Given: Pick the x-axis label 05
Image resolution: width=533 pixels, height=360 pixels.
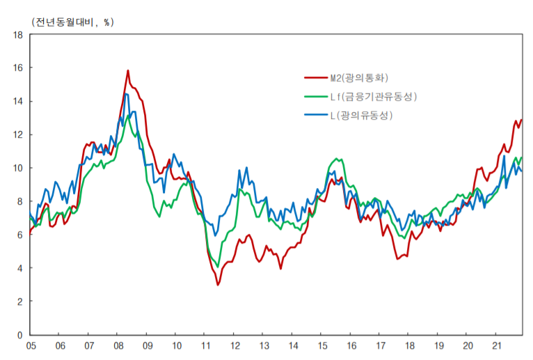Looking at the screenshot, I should point(31,346).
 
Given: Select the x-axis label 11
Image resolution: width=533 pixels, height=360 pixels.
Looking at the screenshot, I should point(205,346).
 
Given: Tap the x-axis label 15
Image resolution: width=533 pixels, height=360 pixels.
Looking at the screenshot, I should point(322,346).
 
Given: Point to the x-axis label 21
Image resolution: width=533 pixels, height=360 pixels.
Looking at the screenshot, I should point(497,346).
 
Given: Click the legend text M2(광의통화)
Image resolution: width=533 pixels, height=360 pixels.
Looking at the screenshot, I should point(363,79).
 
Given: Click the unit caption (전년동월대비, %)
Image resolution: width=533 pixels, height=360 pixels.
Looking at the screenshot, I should point(72,22).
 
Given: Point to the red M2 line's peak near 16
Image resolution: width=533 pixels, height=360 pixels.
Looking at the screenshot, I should point(128,70).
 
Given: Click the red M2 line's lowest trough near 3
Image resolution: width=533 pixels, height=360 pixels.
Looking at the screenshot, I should point(218,285).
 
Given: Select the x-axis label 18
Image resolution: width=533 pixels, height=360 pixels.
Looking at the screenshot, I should point(409,346).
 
